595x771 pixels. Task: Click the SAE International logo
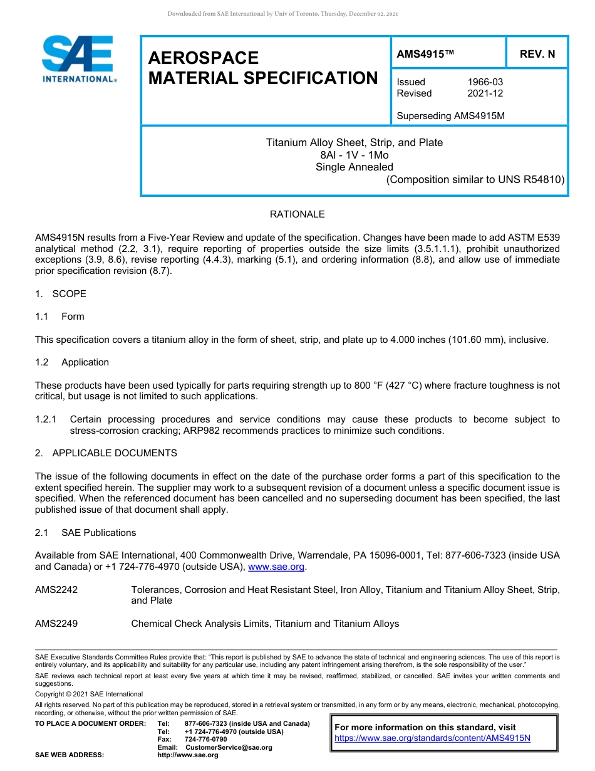pos(78,58)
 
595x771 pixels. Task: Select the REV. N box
pos(537,54)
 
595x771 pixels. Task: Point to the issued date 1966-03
pos(485,82)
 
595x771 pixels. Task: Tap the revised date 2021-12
pos(485,93)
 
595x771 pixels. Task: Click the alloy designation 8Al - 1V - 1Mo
pos(354,155)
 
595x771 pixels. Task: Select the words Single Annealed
pos(354,167)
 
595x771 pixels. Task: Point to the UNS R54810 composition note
pos(475,179)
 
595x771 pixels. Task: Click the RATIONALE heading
pos(297,214)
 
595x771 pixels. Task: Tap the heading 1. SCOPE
pos(61,294)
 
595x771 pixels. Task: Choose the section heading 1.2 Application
pos(72,362)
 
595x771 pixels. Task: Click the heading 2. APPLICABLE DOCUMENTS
pos(106,453)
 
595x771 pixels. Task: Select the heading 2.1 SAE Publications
pos(86,533)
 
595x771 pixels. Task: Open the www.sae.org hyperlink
pos(276,567)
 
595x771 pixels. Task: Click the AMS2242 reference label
pos(56,590)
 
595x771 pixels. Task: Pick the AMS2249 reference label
pos(56,624)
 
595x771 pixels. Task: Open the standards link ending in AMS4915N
pos(432,738)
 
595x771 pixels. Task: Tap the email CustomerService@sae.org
pos(229,747)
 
